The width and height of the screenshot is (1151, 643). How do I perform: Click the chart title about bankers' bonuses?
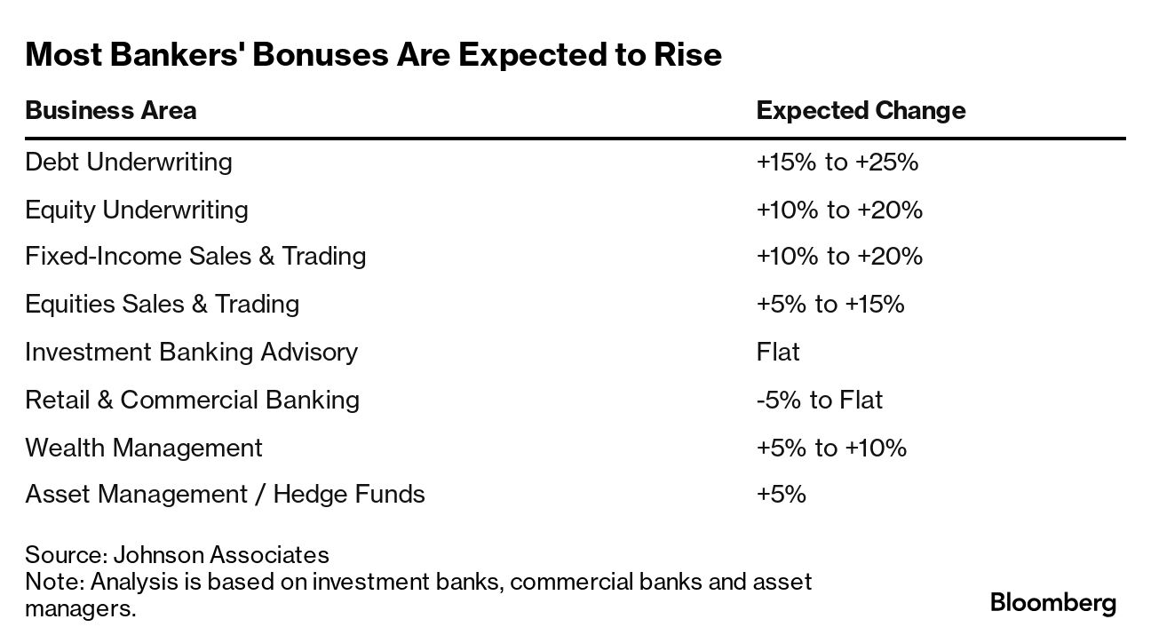coord(374,55)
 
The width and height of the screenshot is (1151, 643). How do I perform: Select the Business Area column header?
coord(111,110)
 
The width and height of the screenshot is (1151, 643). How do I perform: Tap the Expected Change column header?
coord(861,111)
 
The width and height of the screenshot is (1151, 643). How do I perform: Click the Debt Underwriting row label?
coord(129,162)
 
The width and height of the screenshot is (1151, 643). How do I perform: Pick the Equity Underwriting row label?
coord(137,210)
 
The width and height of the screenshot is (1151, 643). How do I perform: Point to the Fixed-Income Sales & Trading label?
coord(195,256)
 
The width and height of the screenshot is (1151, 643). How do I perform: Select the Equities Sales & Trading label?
coord(163,304)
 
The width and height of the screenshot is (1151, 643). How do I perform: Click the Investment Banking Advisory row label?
coord(192,352)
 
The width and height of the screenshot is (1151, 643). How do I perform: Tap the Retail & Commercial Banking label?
coord(192,400)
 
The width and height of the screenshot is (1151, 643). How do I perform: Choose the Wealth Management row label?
coord(144,448)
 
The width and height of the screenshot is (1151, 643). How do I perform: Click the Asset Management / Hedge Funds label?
coord(225,495)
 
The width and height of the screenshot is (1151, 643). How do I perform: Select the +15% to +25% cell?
coord(837,162)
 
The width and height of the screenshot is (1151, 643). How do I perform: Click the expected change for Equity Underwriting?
coord(839,210)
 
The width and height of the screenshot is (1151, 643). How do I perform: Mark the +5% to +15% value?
coord(830,304)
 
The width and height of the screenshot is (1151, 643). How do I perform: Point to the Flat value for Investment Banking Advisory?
coord(778,352)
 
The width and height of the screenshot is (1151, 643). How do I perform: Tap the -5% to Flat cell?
coord(820,400)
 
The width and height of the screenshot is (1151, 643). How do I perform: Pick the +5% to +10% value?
coord(831,448)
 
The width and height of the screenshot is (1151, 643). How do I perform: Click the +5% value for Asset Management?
coord(781,495)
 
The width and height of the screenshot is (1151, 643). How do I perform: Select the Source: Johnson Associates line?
coord(178,555)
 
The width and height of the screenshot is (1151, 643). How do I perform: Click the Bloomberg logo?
coord(1053,603)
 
